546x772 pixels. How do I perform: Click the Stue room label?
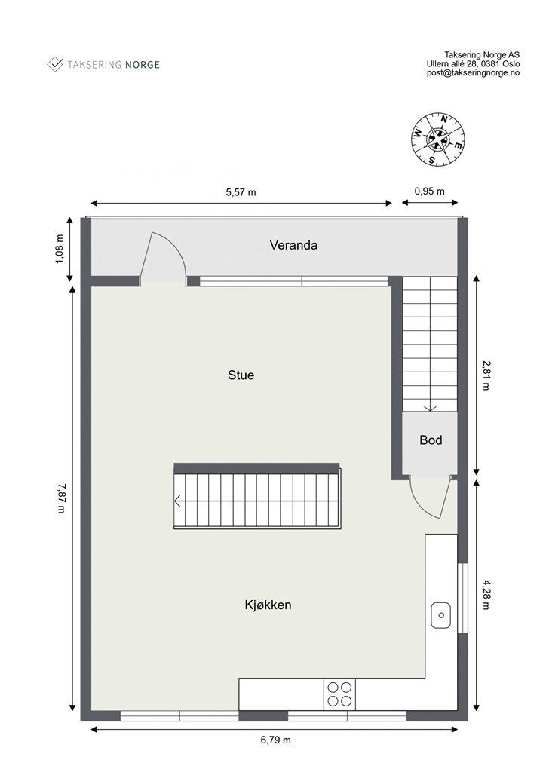tap(241, 375)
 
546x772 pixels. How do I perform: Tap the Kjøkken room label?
tap(268, 605)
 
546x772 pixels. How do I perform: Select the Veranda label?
tap(293, 245)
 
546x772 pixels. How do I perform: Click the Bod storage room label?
tap(431, 440)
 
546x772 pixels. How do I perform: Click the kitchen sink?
tap(440, 616)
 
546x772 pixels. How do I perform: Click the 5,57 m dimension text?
tap(241, 191)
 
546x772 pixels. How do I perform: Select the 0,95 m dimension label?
tap(429, 191)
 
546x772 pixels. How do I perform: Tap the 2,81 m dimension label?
tap(486, 375)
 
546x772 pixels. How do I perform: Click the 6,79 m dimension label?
tap(275, 740)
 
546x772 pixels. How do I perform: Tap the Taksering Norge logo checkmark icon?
tap(55, 64)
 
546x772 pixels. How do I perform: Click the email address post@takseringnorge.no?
tap(473, 73)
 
